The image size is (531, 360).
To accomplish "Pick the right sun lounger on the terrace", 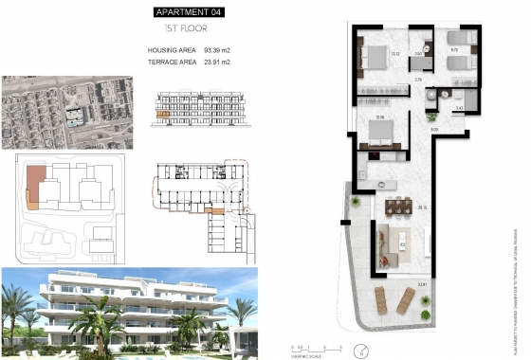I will [405, 301].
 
